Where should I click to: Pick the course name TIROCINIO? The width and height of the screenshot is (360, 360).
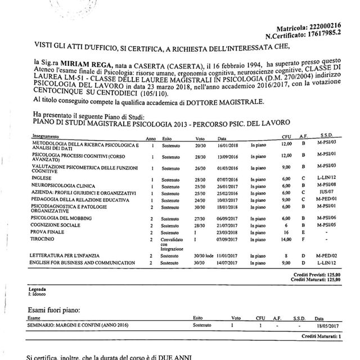tap(45, 239)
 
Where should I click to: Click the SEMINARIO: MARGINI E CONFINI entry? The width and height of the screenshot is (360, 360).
tap(70, 325)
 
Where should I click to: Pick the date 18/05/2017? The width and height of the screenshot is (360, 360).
tap(326, 325)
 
